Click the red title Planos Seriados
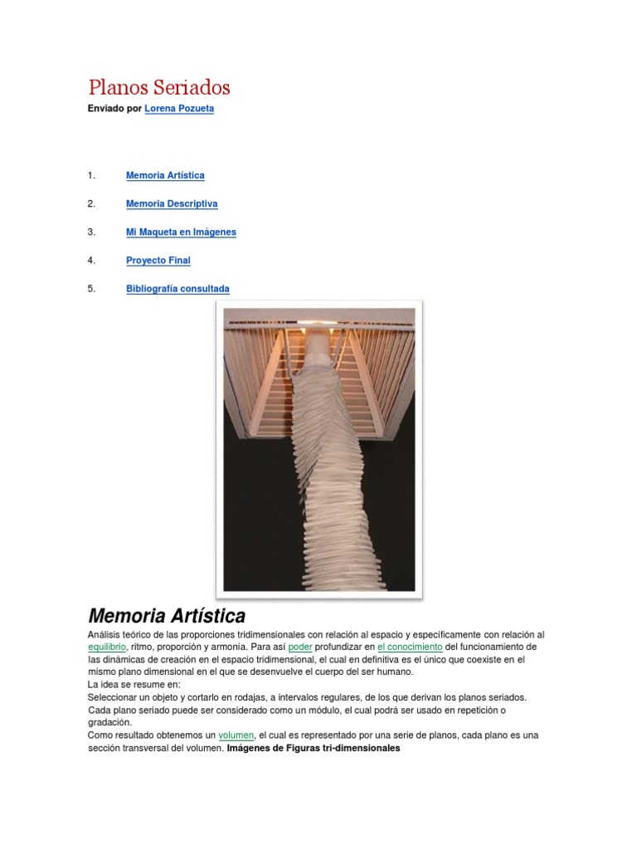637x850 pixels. [x=159, y=87]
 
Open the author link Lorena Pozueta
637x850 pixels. [x=179, y=109]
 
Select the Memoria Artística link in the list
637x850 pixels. [x=165, y=175]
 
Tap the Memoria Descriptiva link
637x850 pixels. [x=172, y=203]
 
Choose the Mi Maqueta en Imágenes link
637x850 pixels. [x=181, y=232]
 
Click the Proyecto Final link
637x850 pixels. [x=158, y=261]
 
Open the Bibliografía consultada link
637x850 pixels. [x=177, y=289]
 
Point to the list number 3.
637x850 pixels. [x=91, y=232]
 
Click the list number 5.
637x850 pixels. [x=91, y=289]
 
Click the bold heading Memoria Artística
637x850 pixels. [x=167, y=616]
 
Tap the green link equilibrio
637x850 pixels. [x=107, y=647]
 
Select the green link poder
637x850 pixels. [x=299, y=647]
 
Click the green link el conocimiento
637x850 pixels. [x=410, y=647]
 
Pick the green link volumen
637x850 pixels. [x=236, y=735]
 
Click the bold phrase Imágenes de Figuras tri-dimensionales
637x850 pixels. [x=313, y=748]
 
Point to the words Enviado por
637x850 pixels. [x=114, y=109]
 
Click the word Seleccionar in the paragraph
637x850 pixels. [x=114, y=697]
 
